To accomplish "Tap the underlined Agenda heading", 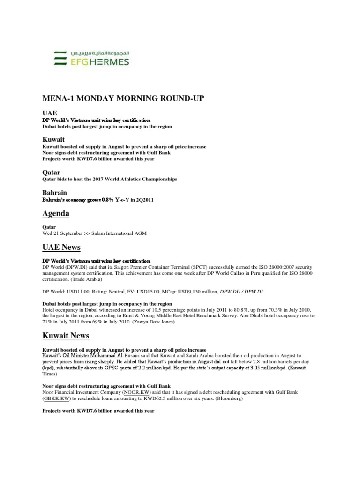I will point(56,213).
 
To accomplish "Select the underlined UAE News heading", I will point(62,247).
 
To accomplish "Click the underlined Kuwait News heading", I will point(66,336).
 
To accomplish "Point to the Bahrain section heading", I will point(54,193).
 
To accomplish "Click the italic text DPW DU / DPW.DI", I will point(240,291).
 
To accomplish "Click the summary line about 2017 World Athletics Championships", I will point(110,179).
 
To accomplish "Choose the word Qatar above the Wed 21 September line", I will point(49,227).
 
